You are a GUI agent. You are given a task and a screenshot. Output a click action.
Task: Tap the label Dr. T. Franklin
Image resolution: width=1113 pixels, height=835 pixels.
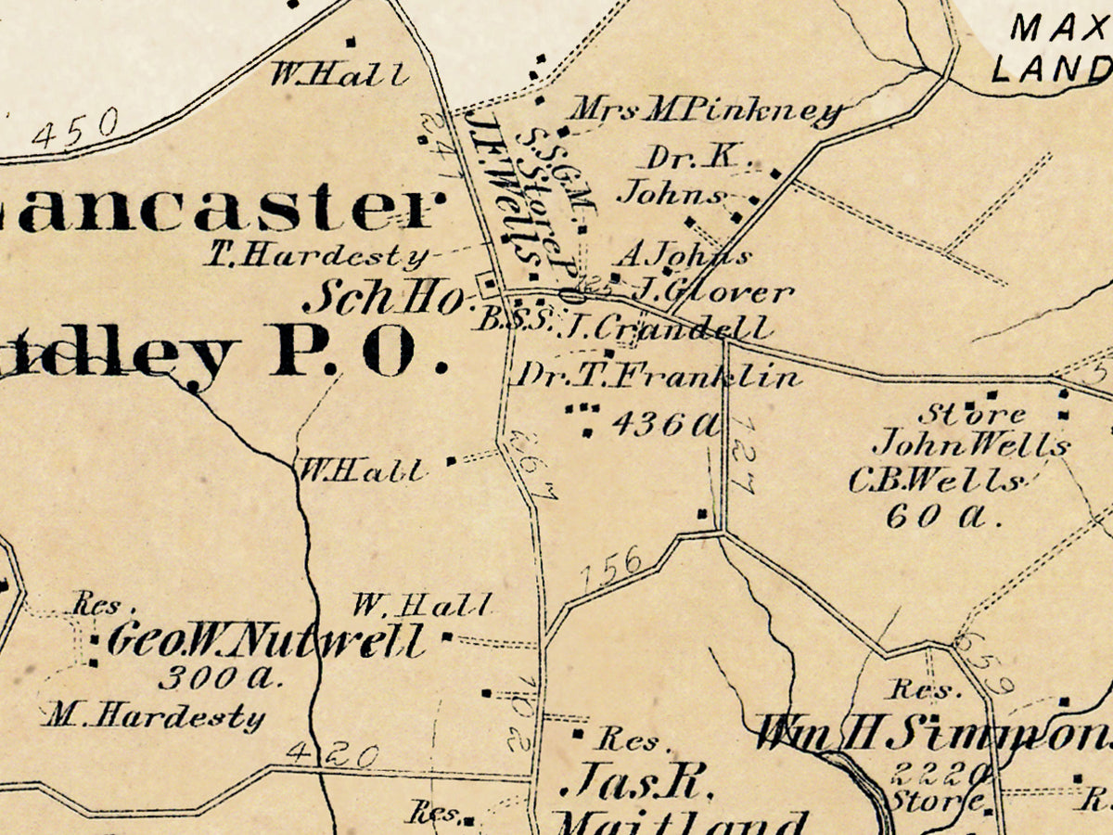(659, 376)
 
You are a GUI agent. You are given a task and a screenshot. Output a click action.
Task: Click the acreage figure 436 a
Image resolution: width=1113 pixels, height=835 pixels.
(666, 424)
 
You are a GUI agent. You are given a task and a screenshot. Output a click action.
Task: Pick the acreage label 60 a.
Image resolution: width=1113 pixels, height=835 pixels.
(943, 516)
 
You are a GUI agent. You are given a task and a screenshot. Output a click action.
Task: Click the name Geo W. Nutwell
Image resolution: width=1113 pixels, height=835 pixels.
(266, 641)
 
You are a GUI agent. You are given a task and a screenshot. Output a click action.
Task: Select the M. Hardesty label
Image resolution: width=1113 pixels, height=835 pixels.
(155, 715)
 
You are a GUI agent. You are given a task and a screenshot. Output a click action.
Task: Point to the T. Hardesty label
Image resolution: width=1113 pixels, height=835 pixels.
(316, 256)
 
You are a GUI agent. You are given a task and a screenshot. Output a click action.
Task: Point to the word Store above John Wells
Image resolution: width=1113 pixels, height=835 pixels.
(972, 413)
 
